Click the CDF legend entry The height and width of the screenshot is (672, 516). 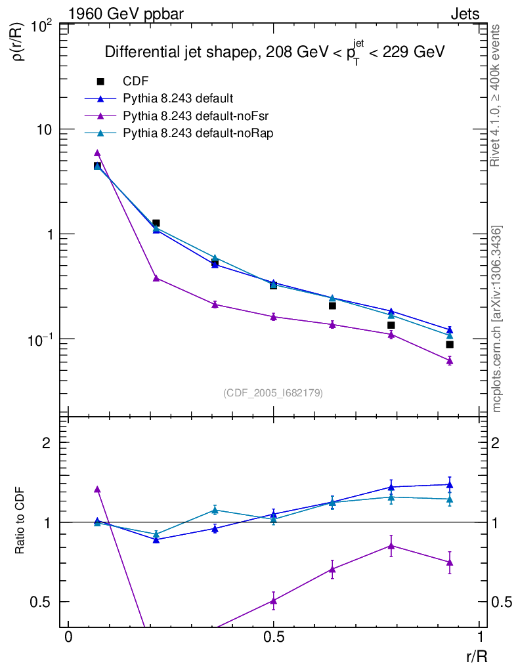(136, 82)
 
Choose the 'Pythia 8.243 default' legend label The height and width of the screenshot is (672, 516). (178, 99)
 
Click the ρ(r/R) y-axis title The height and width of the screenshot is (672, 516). (20, 43)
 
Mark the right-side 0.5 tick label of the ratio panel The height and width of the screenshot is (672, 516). (501, 602)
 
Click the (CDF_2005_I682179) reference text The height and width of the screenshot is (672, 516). (274, 393)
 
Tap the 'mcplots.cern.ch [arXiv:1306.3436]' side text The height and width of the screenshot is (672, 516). (498, 319)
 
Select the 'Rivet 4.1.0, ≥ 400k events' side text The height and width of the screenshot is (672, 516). (496, 96)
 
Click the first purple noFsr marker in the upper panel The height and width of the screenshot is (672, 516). (97, 153)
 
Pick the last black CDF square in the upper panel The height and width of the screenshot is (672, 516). (450, 345)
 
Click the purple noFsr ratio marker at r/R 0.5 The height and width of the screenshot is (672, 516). (274, 600)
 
